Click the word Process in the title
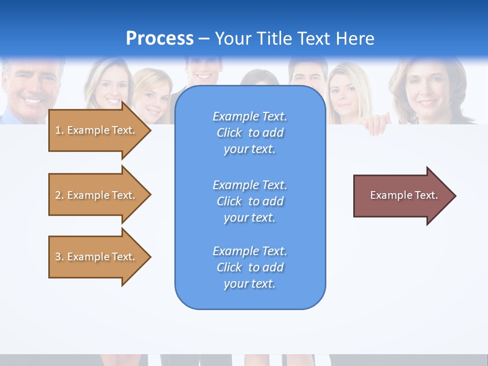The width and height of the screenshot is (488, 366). pos(160,38)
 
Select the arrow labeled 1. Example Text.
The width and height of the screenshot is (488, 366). pos(95,130)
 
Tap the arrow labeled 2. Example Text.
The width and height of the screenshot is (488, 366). pos(95,195)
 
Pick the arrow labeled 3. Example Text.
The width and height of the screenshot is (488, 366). pos(95,257)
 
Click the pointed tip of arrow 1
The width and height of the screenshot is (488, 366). pos(149,130)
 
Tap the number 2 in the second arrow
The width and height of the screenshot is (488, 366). pos(58,195)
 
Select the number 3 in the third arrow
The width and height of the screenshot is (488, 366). pos(58,257)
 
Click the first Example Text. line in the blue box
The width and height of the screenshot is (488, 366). pos(250,116)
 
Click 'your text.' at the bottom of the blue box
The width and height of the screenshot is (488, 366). pos(250,284)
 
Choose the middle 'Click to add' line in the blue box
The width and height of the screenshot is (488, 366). pos(250,201)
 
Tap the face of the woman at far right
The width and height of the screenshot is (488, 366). pos(426,89)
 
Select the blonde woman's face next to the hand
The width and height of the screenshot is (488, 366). pos(345,94)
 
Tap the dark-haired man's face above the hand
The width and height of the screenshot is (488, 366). pos(308,76)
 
